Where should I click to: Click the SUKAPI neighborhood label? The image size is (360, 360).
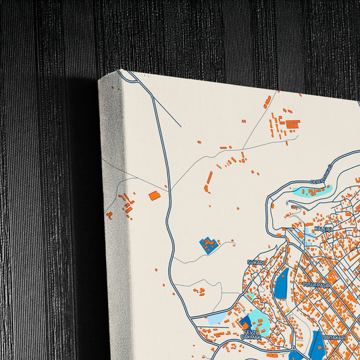tap(255, 261)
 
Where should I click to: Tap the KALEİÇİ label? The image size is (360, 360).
tap(322, 230)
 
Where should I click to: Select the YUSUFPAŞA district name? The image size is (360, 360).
tap(315, 285)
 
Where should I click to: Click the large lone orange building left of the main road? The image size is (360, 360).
tap(155, 196)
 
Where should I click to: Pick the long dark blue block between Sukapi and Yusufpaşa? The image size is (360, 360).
tap(281, 283)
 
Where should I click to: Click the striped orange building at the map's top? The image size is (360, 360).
tap(292, 124)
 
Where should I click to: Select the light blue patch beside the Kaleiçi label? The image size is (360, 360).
tap(311, 236)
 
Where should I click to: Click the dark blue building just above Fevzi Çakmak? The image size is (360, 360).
tap(244, 321)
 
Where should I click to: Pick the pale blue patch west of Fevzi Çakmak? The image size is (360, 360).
tap(218, 317)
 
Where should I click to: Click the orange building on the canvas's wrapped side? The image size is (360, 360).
tap(109, 215)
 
